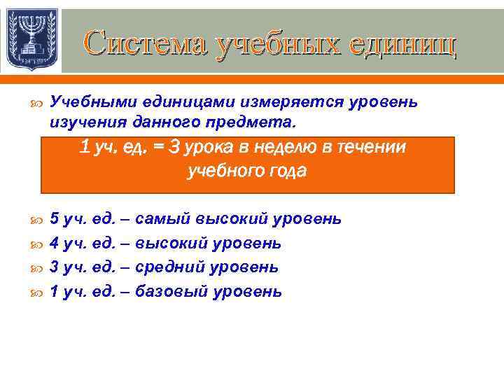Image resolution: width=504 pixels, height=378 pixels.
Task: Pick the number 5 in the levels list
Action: pos(55,219)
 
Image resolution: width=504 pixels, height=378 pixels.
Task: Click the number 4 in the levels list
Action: pos(55,244)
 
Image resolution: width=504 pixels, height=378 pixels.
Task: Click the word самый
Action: pos(157,219)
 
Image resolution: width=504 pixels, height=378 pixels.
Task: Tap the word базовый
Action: pos(171,292)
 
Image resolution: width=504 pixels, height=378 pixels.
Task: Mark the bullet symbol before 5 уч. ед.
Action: pos(36,220)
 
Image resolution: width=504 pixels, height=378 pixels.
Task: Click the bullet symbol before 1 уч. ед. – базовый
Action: pos(36,293)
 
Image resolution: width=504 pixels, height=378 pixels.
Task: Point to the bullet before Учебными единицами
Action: pos(36,104)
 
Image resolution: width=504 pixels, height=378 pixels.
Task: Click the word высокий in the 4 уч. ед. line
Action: pos(168,244)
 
